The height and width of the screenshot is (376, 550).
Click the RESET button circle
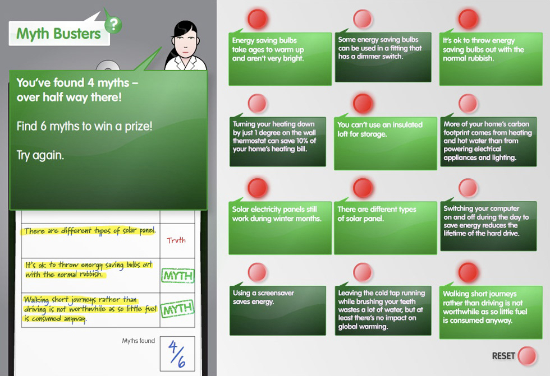[527, 356]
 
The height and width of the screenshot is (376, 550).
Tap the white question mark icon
[113, 25]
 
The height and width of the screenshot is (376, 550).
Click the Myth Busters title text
[58, 34]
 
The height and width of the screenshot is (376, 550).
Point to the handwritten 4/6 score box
[177, 354]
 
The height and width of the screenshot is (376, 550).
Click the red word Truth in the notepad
[176, 240]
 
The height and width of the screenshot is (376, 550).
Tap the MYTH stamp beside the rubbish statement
[177, 275]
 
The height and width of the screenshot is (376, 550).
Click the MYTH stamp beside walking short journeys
[177, 309]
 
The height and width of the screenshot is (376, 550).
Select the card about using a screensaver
[277, 310]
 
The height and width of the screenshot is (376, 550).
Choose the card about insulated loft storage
[385, 143]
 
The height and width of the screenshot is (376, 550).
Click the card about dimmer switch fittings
[383, 57]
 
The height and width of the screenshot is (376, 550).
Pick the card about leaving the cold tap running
[383, 310]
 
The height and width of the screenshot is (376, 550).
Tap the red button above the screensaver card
[258, 272]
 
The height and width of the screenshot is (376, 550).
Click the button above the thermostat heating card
[258, 103]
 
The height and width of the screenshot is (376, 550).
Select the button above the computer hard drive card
[468, 188]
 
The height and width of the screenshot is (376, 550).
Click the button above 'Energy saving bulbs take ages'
[258, 19]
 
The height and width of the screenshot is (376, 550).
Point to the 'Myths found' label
[138, 341]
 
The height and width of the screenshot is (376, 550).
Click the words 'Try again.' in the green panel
[40, 155]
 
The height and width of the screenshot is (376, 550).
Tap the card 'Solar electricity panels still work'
[280, 228]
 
